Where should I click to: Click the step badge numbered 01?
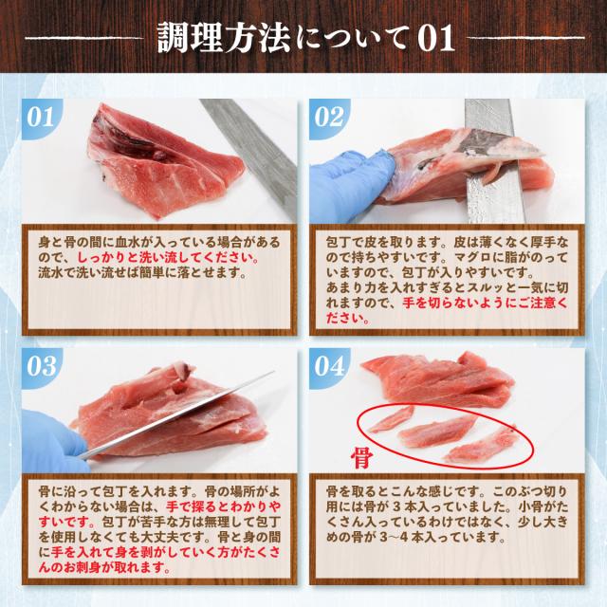40,117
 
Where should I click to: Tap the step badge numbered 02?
328,117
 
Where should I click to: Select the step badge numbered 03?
40,366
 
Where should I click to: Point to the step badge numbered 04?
328,366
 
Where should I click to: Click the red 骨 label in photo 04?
361,457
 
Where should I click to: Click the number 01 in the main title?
435,39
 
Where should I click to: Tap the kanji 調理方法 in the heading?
224,38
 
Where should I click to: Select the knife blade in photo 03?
176,416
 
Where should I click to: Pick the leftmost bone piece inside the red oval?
390,418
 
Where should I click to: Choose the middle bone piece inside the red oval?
436,432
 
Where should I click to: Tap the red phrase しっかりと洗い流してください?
169,258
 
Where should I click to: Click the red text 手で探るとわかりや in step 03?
224,506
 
